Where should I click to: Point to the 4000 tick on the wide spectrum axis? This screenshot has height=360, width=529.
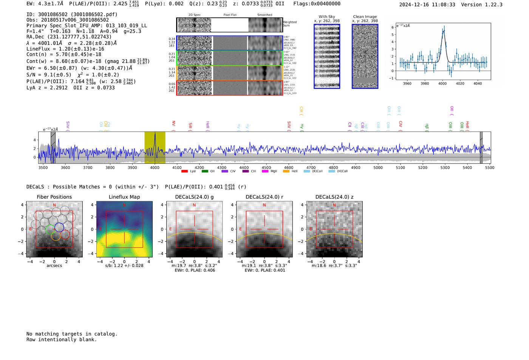[155, 167]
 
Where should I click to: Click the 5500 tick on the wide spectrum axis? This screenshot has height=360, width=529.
[490, 167]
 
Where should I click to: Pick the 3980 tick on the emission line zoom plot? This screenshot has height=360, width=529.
[425, 83]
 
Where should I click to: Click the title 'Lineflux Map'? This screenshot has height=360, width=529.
[124, 197]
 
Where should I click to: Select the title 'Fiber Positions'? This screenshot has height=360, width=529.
[54, 197]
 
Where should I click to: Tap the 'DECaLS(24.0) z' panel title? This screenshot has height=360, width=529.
[334, 197]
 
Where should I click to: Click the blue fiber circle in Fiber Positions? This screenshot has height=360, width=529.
[59, 227]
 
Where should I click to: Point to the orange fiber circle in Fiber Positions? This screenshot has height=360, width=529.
[56, 236]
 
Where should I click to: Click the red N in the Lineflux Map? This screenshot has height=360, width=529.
[124, 205]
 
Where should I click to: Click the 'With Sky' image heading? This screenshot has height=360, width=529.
[327, 17]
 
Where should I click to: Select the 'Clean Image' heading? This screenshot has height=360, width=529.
[365, 17]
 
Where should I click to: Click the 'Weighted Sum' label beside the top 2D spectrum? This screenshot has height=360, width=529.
[290, 24]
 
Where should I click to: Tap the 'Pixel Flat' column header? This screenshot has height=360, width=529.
[230, 15]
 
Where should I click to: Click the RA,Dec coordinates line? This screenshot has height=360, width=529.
[69, 37]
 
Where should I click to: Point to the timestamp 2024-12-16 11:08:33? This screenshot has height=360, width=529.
[427, 5]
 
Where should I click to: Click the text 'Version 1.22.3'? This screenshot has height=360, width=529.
[482, 5]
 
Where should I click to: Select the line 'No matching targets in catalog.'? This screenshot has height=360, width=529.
[72, 334]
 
